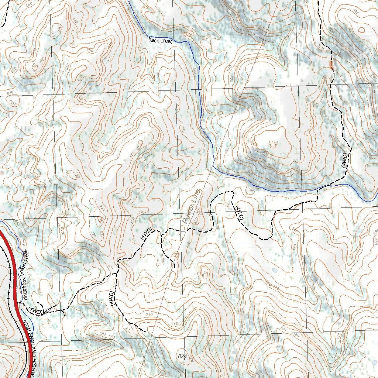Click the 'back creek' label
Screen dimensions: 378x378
tap(160, 40)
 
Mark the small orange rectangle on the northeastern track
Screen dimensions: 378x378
tap(331, 65)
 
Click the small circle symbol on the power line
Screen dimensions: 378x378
tap(176, 254)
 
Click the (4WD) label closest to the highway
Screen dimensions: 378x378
tap(36, 311)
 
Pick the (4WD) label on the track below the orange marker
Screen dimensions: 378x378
tap(345, 160)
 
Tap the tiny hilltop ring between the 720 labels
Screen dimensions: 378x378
tap(273, 145)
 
